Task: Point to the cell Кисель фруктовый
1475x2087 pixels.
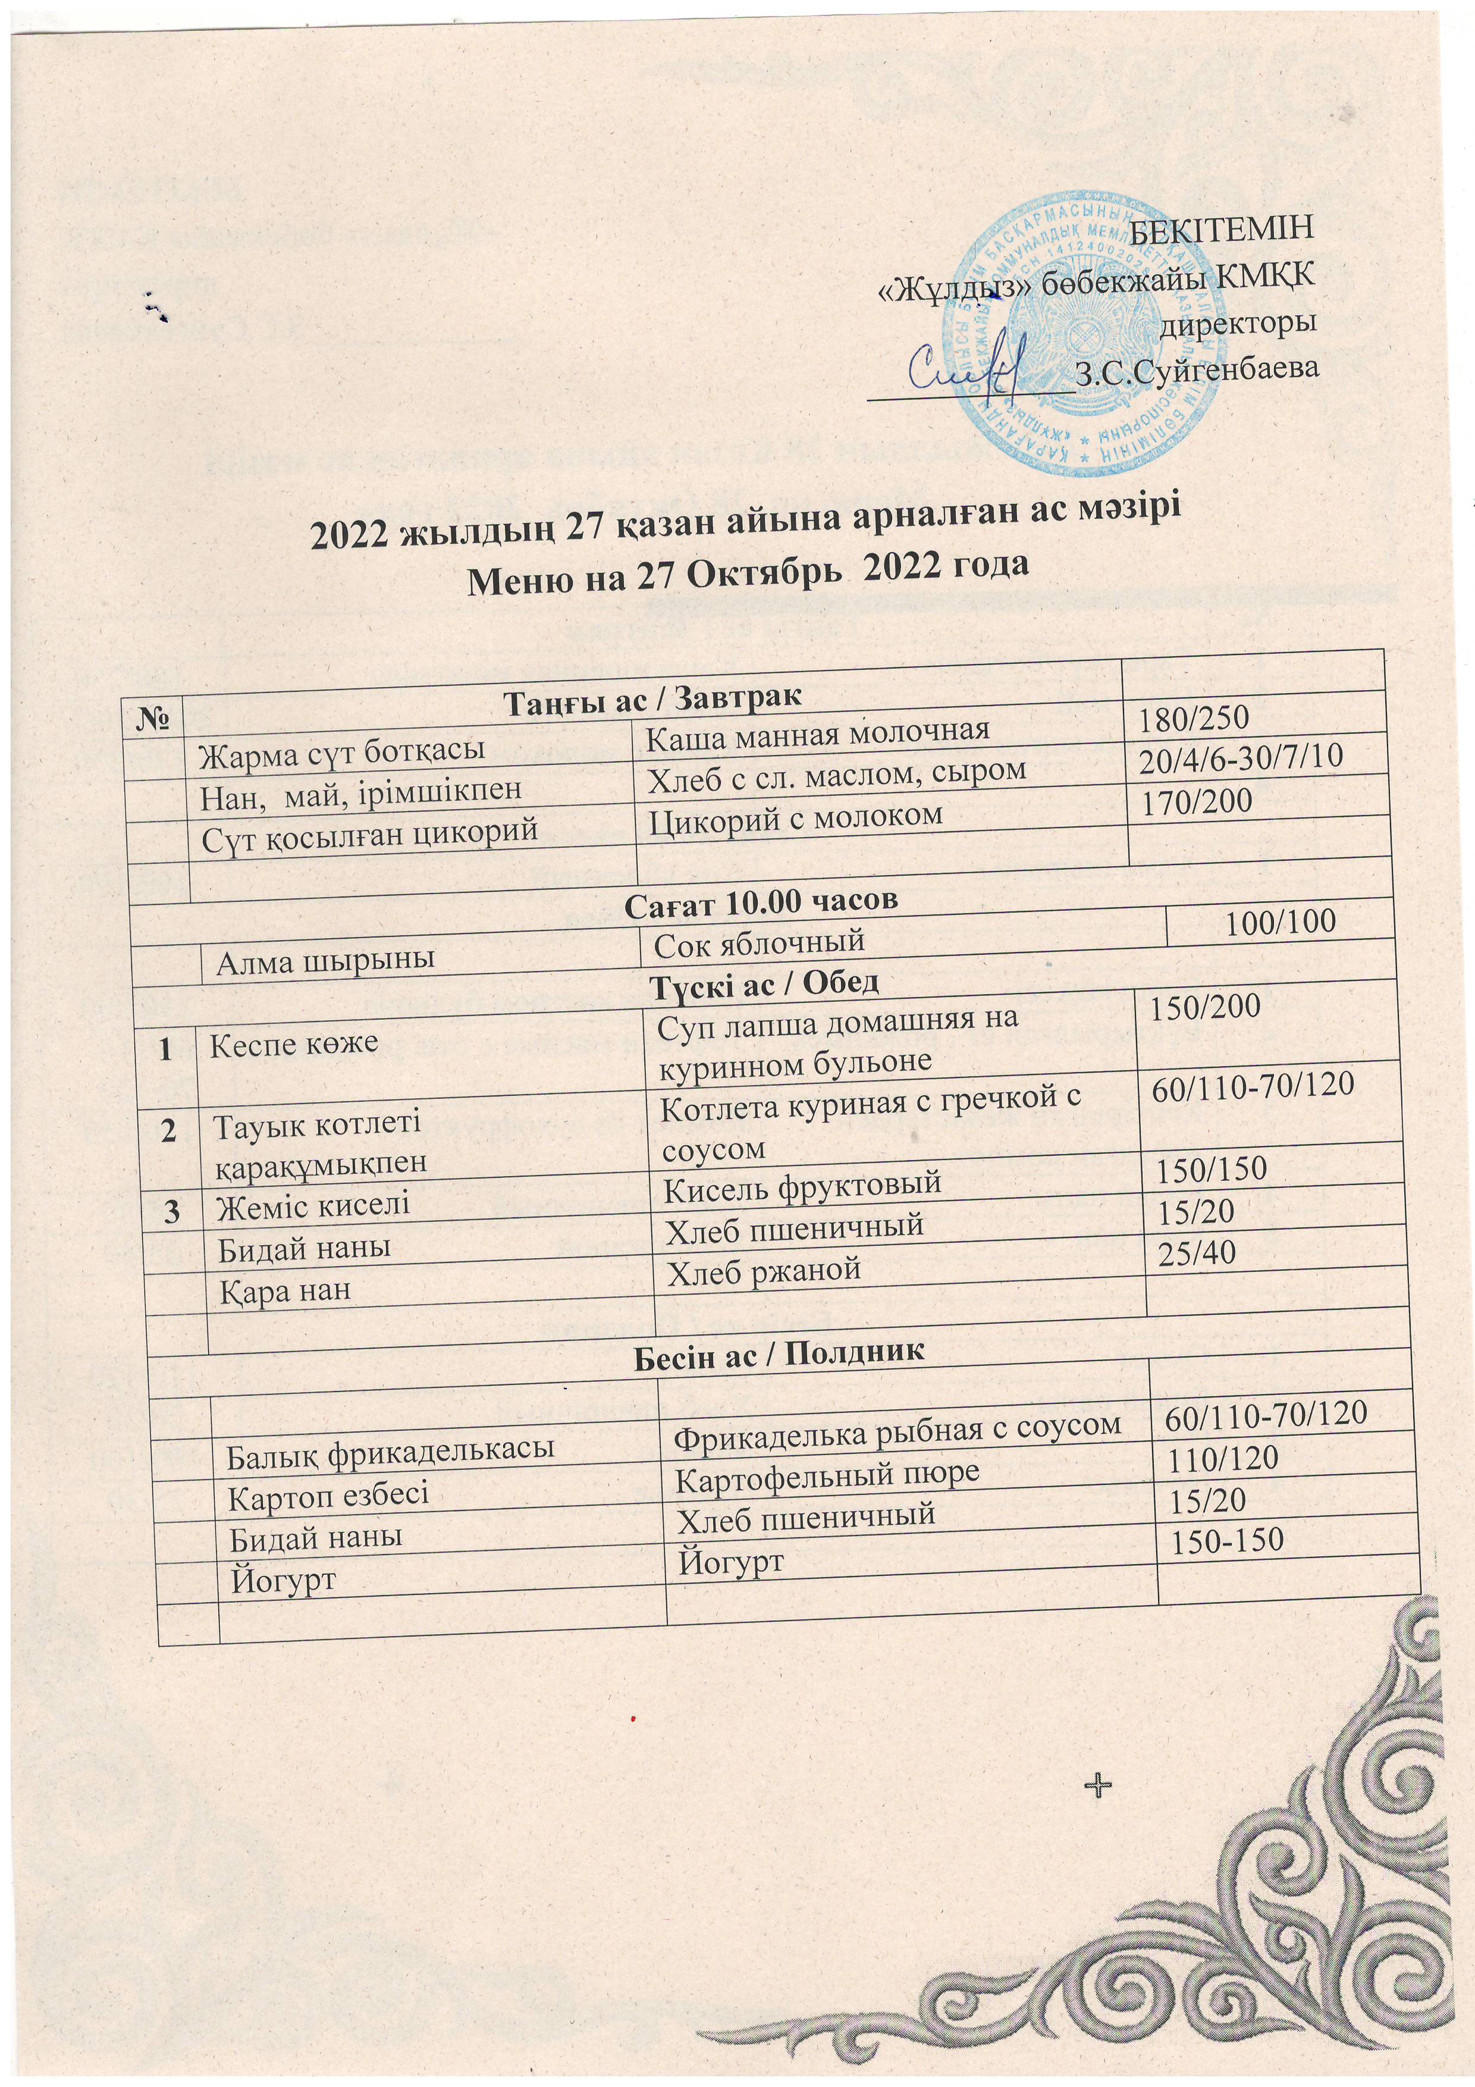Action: coord(800,1185)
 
